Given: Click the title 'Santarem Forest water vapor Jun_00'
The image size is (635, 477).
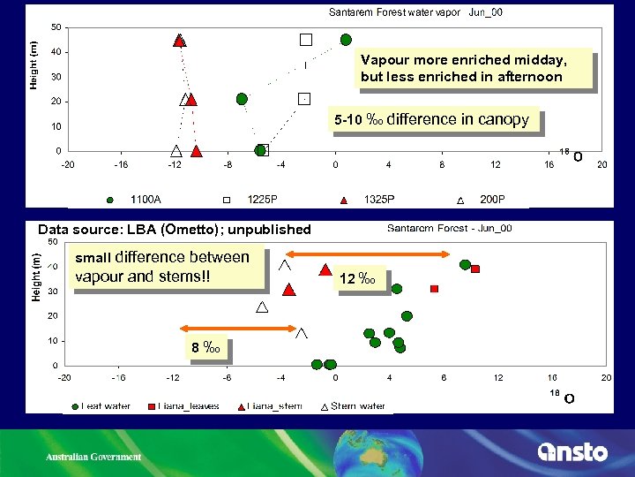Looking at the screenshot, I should [415, 12].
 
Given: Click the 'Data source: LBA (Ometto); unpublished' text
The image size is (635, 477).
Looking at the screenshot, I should [174, 230].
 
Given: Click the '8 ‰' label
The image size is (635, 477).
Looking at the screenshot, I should [205, 347].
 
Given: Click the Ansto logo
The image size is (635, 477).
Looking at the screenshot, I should [572, 452].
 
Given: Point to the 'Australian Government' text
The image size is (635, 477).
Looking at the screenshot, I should [93, 457].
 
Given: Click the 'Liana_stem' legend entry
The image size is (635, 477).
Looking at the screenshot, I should [269, 406].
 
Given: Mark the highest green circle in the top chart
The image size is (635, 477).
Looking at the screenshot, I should [346, 40].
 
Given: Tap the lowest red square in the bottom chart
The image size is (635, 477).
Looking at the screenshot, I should [434, 289].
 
